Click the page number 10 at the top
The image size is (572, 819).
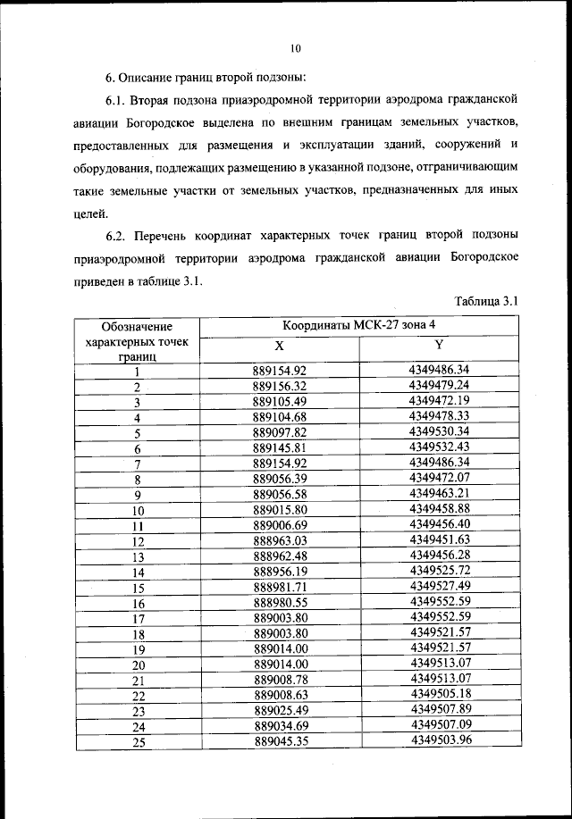coord(296,48)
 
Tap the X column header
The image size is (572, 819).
coord(279,347)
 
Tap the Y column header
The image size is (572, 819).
coord(439,345)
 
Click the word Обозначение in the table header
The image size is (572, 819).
coord(136,327)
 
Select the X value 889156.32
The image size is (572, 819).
coord(280,387)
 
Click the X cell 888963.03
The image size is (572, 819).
coord(280,540)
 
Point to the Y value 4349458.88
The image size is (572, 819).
coord(439,509)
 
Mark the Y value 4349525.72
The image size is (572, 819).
coord(440,570)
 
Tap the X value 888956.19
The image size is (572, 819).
coord(280,572)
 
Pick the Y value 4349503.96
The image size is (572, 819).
coord(441,740)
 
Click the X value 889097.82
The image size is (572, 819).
coord(280,432)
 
